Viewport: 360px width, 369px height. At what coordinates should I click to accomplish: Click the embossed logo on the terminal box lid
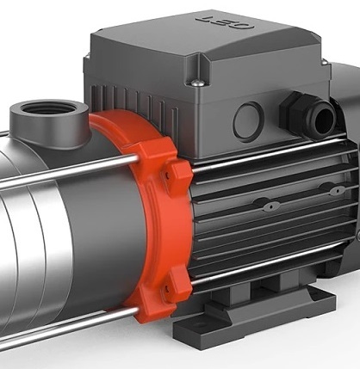(x=226, y=22)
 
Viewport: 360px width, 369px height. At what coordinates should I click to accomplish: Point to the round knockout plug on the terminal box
(x=248, y=121)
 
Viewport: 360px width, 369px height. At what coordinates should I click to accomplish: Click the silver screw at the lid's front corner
(x=197, y=83)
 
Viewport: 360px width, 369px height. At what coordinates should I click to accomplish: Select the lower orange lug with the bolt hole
(x=176, y=283)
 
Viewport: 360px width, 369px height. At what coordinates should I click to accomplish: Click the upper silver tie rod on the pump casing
(x=69, y=172)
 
